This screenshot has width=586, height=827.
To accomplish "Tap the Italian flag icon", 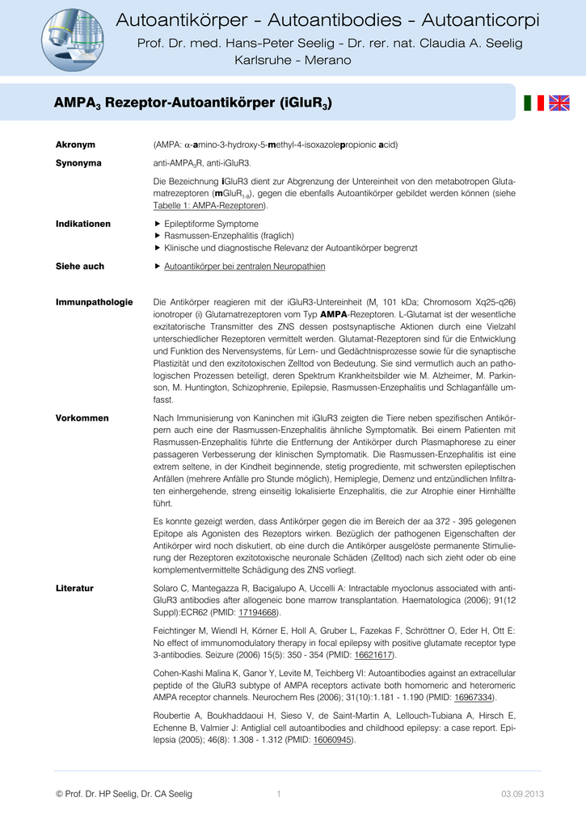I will point(534,103).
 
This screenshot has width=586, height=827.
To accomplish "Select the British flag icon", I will point(559,103).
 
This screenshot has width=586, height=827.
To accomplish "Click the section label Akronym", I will point(75,145).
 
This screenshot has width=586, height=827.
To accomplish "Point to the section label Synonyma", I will point(78,163).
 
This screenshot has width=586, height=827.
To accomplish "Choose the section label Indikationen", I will point(82,224).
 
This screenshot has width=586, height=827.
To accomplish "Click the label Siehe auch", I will point(79,266).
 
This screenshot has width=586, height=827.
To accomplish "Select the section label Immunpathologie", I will point(94,302).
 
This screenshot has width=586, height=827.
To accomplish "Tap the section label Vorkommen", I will point(82,418).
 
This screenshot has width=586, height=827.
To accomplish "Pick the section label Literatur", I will point(74,588).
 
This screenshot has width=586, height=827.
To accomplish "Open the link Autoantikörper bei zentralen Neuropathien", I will point(244,266).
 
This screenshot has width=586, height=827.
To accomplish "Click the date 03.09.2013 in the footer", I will point(522,794).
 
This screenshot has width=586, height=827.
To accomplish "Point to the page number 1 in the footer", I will point(278,794).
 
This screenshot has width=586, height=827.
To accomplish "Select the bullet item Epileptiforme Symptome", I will point(211,224).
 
